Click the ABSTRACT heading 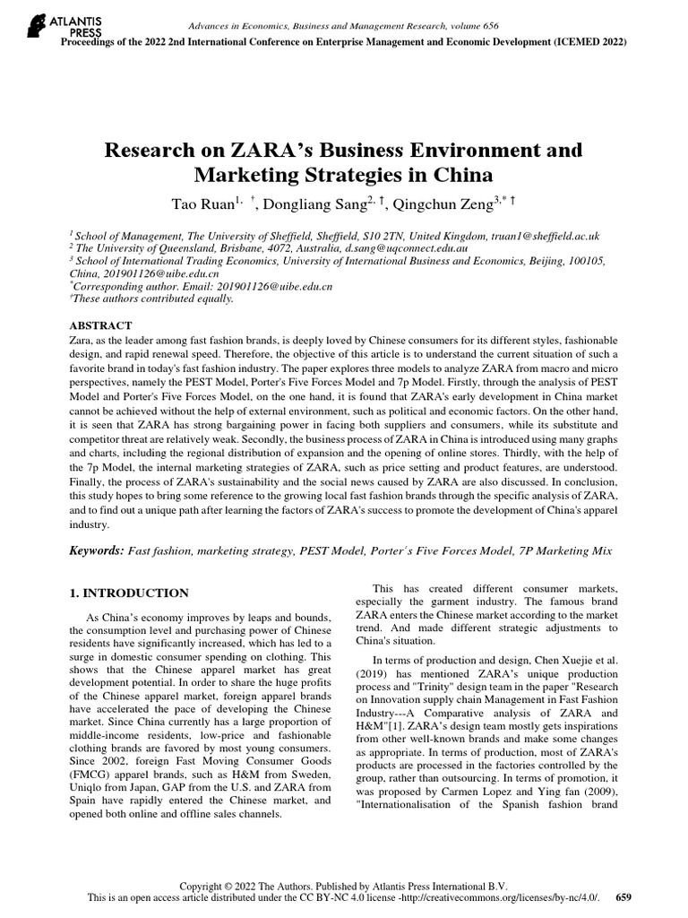click(100, 325)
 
